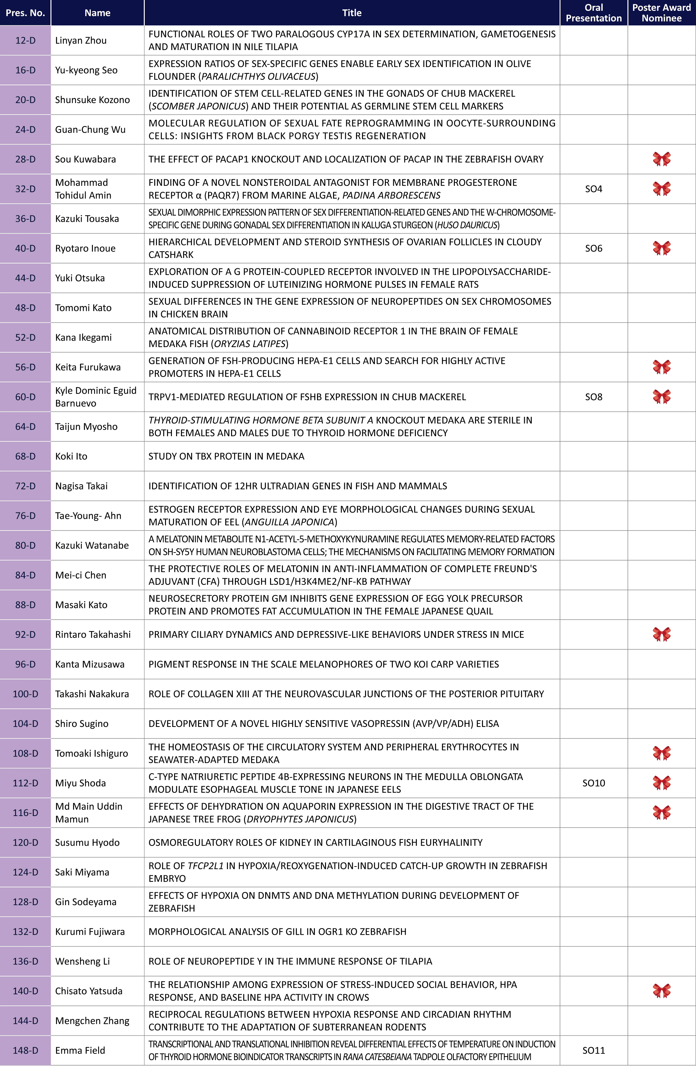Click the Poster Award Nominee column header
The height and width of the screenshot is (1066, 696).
click(x=661, y=13)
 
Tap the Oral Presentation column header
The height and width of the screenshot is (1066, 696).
click(x=593, y=13)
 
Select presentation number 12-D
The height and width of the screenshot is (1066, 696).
click(x=25, y=40)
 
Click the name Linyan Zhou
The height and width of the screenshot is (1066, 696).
click(x=81, y=40)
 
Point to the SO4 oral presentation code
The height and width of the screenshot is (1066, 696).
click(x=593, y=189)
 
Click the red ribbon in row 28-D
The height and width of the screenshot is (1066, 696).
click(x=662, y=159)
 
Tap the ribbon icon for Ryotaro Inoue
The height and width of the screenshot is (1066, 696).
click(x=662, y=248)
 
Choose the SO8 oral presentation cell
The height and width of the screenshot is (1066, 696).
click(x=593, y=397)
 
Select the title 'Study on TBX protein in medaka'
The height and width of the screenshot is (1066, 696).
click(x=227, y=456)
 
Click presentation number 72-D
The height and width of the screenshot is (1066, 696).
click(x=25, y=486)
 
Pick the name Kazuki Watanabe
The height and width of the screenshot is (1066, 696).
click(x=92, y=546)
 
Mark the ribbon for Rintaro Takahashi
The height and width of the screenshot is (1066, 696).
click(x=662, y=634)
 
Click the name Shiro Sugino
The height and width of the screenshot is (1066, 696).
click(x=82, y=723)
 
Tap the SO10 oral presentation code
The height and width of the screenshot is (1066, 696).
click(x=593, y=783)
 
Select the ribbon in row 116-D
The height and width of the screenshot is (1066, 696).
click(x=662, y=813)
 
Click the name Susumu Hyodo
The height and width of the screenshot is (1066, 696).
click(x=87, y=842)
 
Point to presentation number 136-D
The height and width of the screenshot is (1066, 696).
click(x=25, y=961)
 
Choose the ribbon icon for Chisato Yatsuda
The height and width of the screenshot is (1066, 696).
click(x=662, y=991)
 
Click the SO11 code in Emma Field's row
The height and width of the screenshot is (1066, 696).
click(x=593, y=1050)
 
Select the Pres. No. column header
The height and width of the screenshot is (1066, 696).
click(x=25, y=13)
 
